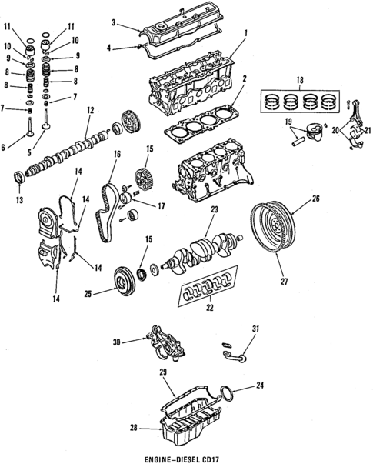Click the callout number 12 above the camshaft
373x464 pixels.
pyautogui.click(x=90, y=112)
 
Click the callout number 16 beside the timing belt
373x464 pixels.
pyautogui.click(x=118, y=155)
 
